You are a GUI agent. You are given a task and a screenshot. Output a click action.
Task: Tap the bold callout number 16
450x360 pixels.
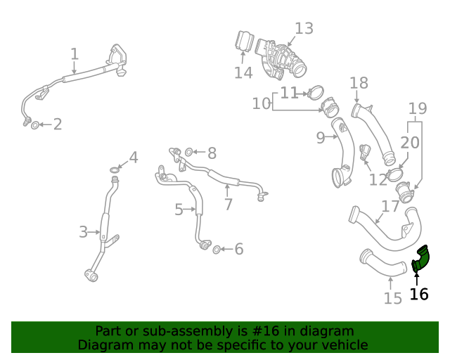[x=419, y=295]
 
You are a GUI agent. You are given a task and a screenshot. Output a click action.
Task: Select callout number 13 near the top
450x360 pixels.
[x=304, y=29]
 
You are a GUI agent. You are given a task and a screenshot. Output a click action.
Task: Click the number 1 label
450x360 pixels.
[x=75, y=53]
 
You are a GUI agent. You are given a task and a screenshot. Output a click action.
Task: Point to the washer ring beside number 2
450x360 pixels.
[x=36, y=125]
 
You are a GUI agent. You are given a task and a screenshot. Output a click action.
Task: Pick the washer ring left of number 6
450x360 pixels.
[x=217, y=249]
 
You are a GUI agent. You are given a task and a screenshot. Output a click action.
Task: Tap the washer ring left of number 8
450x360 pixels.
[x=188, y=152]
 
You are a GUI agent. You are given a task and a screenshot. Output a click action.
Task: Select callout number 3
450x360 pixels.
[x=83, y=231]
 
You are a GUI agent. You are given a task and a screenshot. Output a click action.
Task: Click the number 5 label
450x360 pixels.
[x=179, y=209]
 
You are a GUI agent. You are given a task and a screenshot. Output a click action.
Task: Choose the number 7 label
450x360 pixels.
[x=228, y=204]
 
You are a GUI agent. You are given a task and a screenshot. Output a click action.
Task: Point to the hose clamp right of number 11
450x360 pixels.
[x=316, y=91]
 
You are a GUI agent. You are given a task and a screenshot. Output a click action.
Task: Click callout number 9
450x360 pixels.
[x=321, y=138]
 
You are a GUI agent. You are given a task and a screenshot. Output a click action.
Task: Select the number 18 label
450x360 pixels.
[x=359, y=83]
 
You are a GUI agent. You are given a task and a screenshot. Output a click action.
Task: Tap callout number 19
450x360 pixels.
[x=418, y=108]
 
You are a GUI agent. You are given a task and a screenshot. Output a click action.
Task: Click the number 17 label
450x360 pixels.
[x=390, y=207]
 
